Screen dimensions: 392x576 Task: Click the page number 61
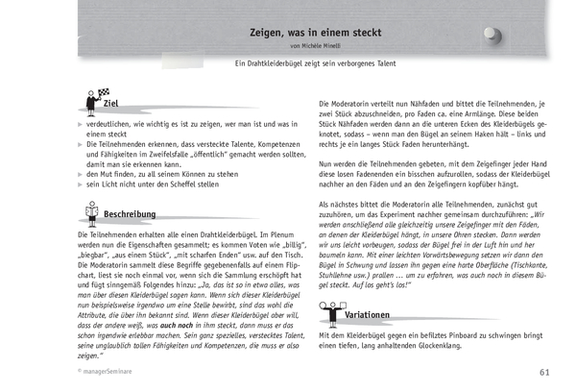click(544, 372)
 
